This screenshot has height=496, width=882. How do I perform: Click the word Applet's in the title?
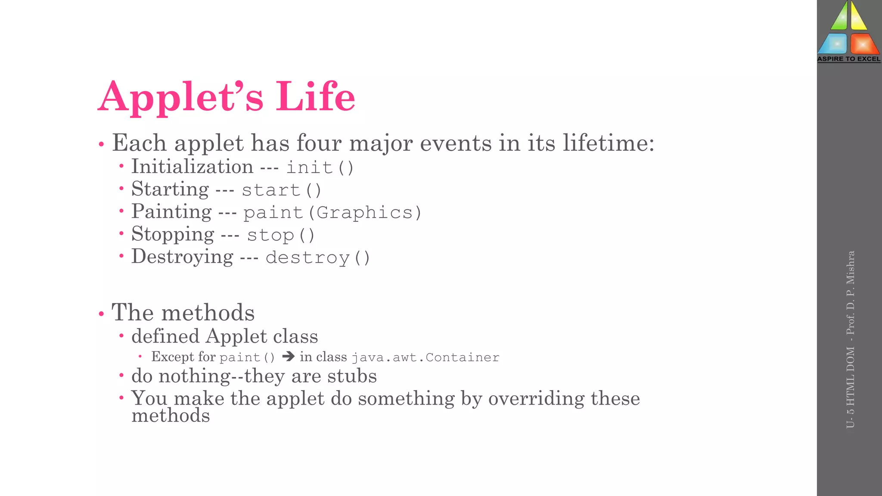[x=180, y=97]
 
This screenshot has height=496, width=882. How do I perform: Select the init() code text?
[x=320, y=167]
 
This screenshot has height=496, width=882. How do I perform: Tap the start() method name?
[x=281, y=190]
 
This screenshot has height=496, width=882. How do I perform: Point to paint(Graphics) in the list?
[x=332, y=212]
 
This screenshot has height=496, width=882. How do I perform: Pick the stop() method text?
[x=281, y=235]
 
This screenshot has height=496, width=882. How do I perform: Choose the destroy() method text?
[x=318, y=257]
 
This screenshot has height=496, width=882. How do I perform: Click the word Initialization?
[x=192, y=167]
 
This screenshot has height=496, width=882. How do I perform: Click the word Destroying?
[x=182, y=257]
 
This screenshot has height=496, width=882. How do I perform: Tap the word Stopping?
[x=173, y=234]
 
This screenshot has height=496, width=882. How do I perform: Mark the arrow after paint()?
[x=288, y=356]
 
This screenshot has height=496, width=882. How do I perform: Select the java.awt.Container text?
[x=425, y=357]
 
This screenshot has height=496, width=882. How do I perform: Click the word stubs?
[x=352, y=376]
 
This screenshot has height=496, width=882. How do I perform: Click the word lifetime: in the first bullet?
[x=609, y=143]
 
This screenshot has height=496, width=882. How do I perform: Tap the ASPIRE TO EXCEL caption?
[x=849, y=59]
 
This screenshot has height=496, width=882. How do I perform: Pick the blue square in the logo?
[x=835, y=44]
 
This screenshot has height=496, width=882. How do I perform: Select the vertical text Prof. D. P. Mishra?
[x=850, y=293]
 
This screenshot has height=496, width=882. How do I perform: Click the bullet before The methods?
[x=101, y=314]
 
